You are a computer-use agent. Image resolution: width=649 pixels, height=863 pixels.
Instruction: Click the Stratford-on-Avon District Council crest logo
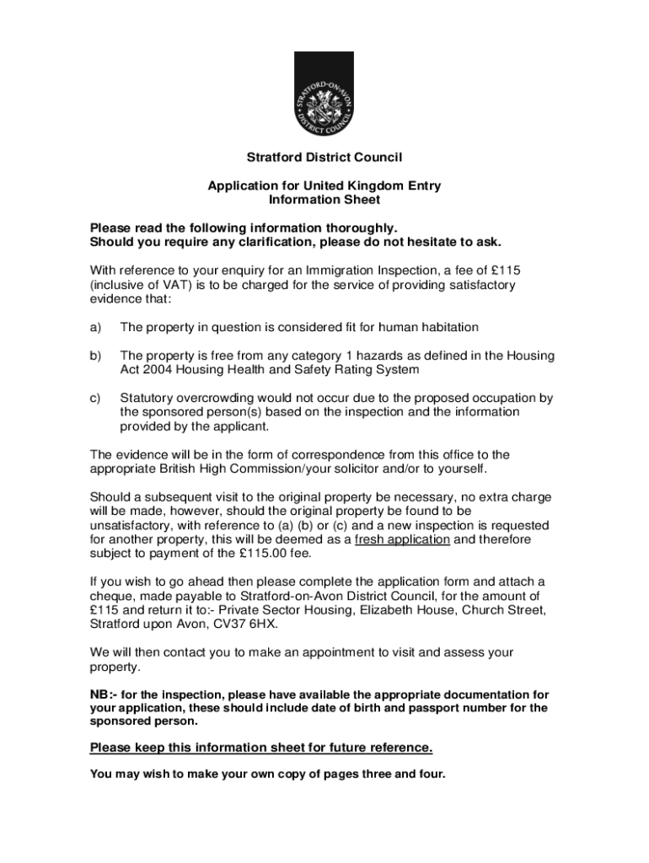tap(324, 94)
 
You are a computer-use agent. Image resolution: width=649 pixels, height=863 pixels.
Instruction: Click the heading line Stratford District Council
tap(324, 158)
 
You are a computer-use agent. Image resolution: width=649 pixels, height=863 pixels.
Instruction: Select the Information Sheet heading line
tap(324, 200)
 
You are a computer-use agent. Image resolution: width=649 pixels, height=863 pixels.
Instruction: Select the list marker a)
tap(95, 327)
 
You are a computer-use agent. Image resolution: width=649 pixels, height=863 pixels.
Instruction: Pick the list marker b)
tap(95, 356)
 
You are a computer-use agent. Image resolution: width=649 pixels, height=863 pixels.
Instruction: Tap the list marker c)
tap(95, 398)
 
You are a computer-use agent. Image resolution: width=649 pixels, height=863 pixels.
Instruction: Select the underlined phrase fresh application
tap(403, 539)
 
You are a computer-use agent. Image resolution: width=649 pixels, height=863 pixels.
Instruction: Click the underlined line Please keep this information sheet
tap(261, 748)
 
